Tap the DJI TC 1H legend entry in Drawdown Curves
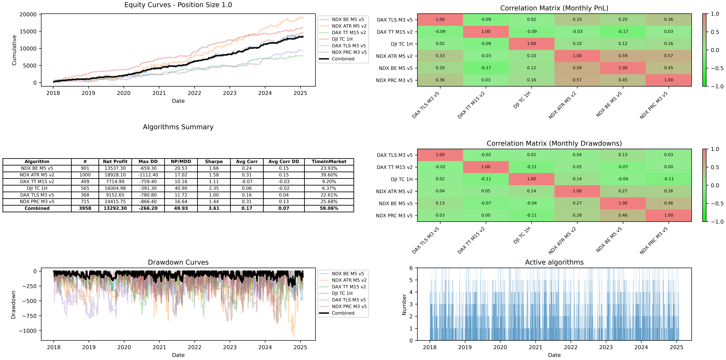[x=342, y=293]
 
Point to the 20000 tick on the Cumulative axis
[x=28, y=14]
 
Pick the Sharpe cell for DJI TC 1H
[x=214, y=188]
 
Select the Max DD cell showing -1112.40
[x=148, y=175]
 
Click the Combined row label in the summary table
[x=37, y=208]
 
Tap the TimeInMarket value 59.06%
[x=329, y=208]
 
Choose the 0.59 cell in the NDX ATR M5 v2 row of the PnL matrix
[x=623, y=56]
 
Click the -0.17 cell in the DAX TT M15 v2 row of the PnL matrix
[x=623, y=32]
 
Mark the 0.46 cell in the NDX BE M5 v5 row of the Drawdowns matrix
[x=668, y=203]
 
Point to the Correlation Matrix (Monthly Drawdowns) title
[x=554, y=143]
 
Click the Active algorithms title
[x=554, y=262]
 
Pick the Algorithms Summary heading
[x=178, y=127]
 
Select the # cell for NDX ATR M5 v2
[x=85, y=175]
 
